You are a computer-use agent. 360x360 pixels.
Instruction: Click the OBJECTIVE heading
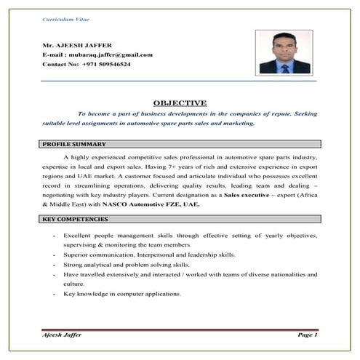click(180, 103)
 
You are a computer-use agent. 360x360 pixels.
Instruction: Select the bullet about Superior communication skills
click(149, 255)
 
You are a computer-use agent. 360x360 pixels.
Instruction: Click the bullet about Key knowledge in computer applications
click(122, 293)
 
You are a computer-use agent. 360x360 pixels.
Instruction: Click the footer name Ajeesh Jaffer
click(63, 334)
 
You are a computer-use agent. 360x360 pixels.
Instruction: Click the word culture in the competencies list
click(75, 284)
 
